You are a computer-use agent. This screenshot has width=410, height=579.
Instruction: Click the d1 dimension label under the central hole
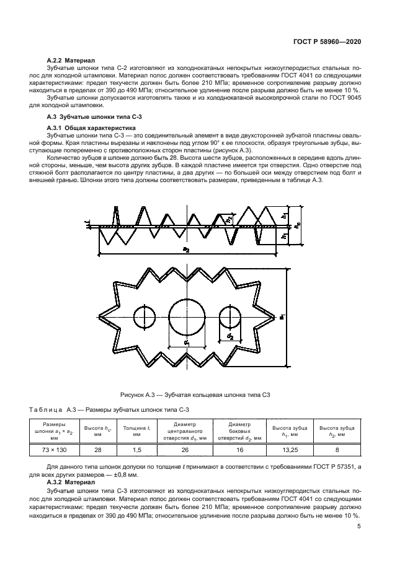(x=186, y=342)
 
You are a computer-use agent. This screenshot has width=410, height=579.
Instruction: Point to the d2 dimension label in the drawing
(x=230, y=337)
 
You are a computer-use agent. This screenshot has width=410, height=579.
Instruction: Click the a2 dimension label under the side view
(x=185, y=250)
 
